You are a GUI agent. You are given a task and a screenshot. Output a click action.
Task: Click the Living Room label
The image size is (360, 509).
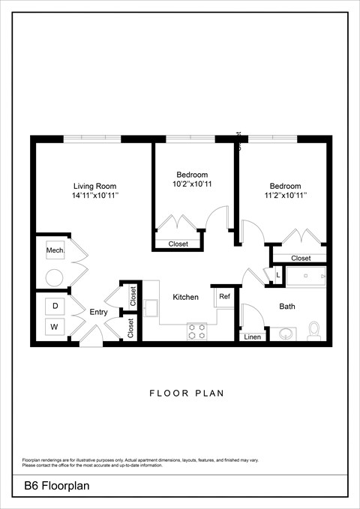[94, 186]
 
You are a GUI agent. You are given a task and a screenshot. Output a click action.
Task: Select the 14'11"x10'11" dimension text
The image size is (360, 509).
[94, 196]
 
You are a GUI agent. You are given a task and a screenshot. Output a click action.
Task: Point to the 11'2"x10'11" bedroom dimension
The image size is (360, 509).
[285, 196]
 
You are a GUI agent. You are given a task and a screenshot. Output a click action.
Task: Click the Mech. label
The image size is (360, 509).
[54, 250]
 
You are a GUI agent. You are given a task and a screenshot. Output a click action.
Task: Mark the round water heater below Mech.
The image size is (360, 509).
[54, 277]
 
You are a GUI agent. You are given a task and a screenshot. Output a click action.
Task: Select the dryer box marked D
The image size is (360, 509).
[54, 306]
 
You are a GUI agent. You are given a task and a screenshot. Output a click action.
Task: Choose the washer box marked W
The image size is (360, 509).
[54, 327]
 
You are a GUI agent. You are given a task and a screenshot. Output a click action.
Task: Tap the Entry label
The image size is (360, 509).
[98, 313]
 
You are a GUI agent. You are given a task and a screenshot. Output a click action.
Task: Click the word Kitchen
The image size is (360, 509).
[185, 298]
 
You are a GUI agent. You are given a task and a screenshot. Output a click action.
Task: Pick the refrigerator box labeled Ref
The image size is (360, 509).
[224, 297]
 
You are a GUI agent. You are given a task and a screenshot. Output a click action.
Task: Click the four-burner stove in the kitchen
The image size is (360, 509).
[197, 331]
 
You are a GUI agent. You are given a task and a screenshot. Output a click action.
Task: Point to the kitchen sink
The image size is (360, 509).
[150, 308]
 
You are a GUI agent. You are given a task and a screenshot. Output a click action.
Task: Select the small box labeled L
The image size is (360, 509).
[277, 276]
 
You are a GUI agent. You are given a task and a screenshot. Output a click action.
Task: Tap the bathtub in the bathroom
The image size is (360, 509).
[306, 277]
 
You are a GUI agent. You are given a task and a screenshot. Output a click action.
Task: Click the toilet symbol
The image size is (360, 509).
[314, 330]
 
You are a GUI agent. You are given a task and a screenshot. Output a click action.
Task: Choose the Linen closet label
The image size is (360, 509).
[252, 337]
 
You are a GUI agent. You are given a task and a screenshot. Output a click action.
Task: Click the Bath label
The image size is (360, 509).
[287, 307]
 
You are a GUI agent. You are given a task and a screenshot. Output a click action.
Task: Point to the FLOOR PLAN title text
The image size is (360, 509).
[187, 393]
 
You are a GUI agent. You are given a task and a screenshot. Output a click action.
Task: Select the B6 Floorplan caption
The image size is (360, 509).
[56, 487]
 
